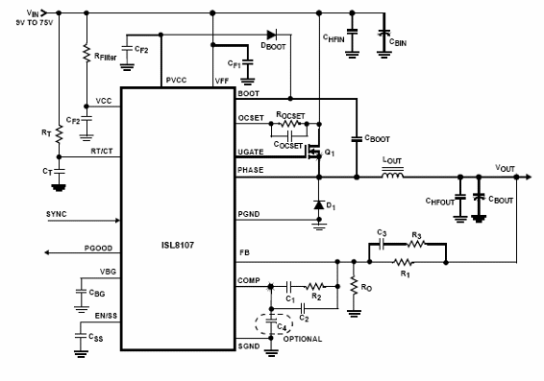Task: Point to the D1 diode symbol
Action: click(319, 204)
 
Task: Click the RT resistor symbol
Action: click(58, 135)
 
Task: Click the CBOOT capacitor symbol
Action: click(355, 136)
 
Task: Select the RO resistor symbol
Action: click(353, 286)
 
